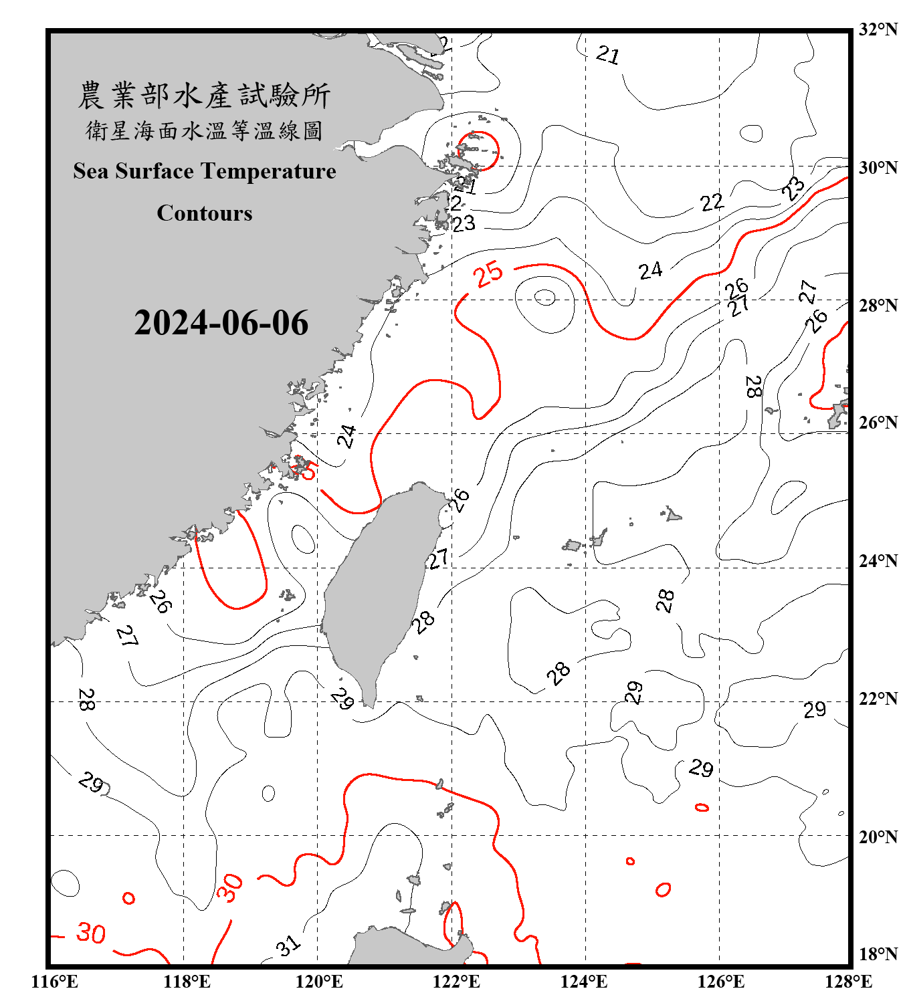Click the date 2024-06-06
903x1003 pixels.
coord(221,323)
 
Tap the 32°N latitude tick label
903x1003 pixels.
coord(878,29)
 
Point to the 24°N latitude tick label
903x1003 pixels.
coord(878,560)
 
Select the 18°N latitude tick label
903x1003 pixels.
coord(878,954)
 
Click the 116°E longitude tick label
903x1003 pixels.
coord(55,982)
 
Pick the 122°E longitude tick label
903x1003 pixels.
coord(456,982)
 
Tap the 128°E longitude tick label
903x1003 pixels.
coord(848,982)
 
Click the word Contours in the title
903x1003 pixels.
coord(205,213)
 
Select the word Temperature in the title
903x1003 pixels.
coord(268,171)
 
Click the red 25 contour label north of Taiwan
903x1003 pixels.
coord(488,274)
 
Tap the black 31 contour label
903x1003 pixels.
coord(288,945)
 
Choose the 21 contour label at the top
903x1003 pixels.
coord(607,54)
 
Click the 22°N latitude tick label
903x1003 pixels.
coord(878,699)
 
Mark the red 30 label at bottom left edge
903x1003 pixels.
coord(90,933)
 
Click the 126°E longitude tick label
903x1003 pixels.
coord(720,982)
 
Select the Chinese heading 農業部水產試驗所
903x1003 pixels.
coord(204,95)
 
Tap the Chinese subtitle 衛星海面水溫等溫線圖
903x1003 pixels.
coord(204,130)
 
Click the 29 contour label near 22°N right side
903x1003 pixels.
coord(815,709)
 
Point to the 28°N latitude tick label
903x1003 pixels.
coord(878,306)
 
